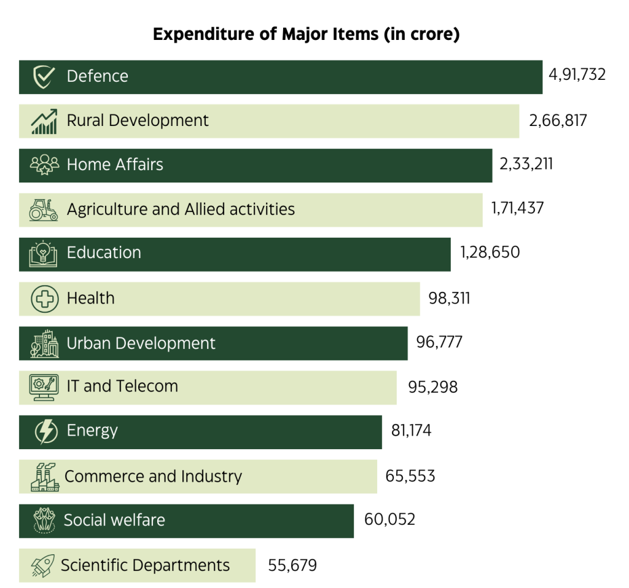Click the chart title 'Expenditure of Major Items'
(x=306, y=34)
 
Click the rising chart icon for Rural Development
(x=44, y=121)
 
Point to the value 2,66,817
(x=558, y=120)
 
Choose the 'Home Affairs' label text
(x=115, y=165)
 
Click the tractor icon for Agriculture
(x=44, y=210)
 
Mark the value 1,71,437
(x=517, y=208)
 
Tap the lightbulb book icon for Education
(x=44, y=254)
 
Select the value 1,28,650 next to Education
(x=490, y=253)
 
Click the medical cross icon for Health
(x=44, y=299)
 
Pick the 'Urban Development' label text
(x=141, y=343)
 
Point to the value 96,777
(x=439, y=342)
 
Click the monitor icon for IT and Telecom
(x=44, y=386)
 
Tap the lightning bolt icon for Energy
(x=45, y=431)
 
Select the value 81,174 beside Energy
(x=411, y=430)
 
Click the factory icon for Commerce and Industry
(x=44, y=477)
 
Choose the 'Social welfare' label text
(x=114, y=520)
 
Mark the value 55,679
(x=292, y=565)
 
